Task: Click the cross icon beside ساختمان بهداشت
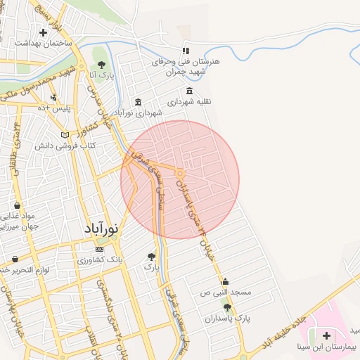click(44, 32)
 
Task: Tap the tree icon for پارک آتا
click(101, 65)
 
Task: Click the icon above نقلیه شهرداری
click(189, 91)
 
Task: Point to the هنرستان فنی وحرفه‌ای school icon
click(186, 51)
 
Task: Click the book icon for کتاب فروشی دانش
click(65, 134)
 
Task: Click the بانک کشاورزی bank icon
click(99, 249)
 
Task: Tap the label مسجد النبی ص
click(225, 291)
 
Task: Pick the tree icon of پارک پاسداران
click(226, 307)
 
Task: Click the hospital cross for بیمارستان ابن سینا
click(326, 335)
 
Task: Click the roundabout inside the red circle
click(181, 174)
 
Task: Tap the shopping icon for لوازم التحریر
click(15, 259)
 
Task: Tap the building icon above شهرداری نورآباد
click(137, 102)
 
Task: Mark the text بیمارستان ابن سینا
click(326, 347)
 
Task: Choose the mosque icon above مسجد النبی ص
click(225, 281)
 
